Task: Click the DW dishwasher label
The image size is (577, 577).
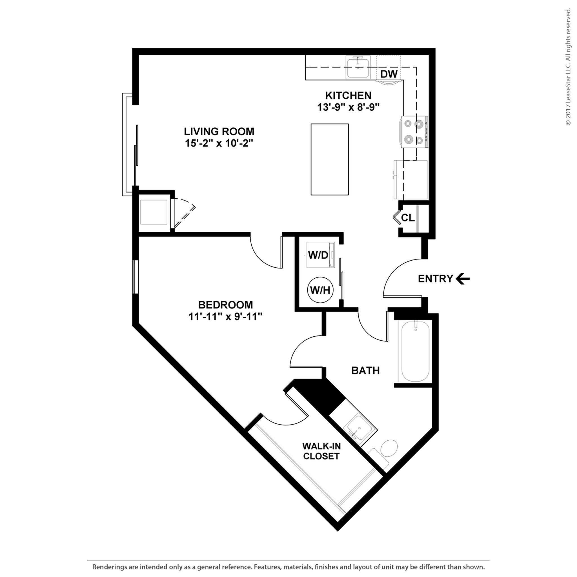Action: tap(389, 74)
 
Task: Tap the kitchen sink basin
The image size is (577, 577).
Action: tap(358, 68)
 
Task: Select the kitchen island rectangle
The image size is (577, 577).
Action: tap(329, 159)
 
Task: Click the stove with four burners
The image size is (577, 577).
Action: tap(414, 132)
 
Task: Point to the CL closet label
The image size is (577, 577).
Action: tap(408, 218)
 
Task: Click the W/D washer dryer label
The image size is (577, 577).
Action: tap(318, 255)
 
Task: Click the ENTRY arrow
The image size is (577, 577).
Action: tap(463, 279)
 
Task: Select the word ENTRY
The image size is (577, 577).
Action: tap(436, 279)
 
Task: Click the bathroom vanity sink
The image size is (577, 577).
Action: tap(359, 429)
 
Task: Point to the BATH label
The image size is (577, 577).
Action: tap(365, 371)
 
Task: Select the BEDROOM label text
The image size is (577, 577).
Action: tap(225, 305)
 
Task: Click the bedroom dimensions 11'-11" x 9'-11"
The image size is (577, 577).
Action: tap(225, 317)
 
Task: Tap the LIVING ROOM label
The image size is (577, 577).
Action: tap(219, 131)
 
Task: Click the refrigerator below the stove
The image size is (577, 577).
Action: tap(411, 180)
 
